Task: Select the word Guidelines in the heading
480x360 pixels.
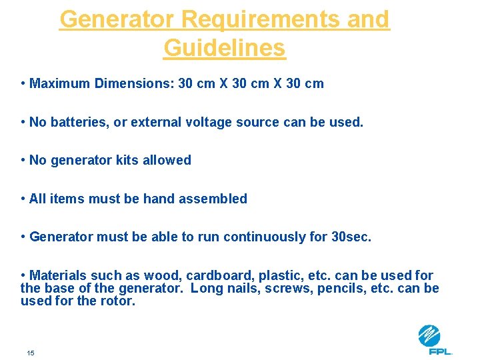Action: [224, 48]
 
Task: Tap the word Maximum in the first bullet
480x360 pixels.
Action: [60, 83]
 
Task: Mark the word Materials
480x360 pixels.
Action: [59, 275]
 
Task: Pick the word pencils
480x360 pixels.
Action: [337, 288]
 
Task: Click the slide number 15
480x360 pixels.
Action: [30, 353]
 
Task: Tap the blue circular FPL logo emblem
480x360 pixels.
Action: [429, 335]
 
